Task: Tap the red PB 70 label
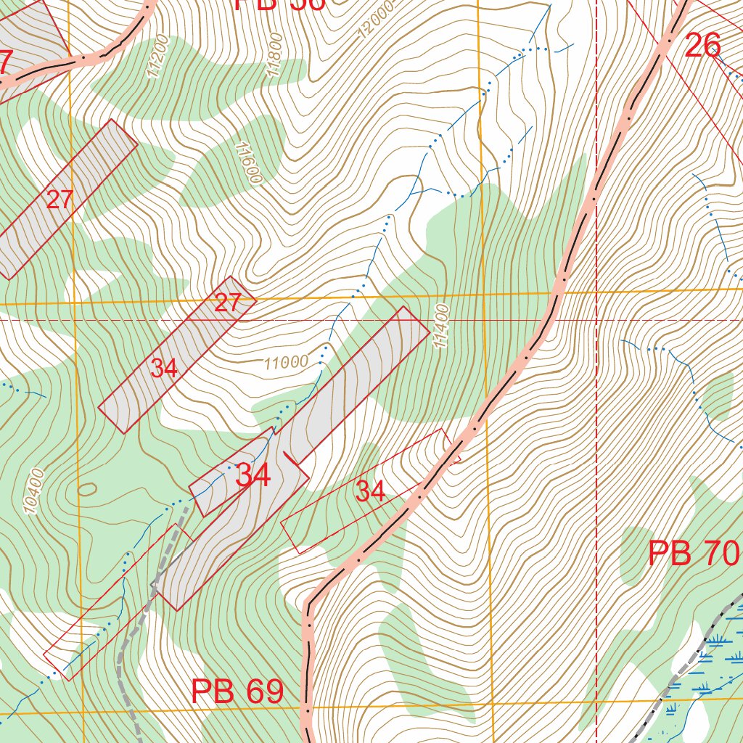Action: (693, 554)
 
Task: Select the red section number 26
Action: (702, 46)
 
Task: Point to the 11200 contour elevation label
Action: (155, 57)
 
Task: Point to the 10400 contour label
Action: (34, 493)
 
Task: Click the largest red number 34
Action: (253, 476)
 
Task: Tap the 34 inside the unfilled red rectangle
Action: (370, 492)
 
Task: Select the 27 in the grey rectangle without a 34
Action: (59, 200)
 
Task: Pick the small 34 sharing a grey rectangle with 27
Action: (165, 369)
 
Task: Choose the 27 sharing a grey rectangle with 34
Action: (227, 303)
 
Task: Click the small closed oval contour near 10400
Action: (86, 488)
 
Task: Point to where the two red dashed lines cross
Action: (596, 319)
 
